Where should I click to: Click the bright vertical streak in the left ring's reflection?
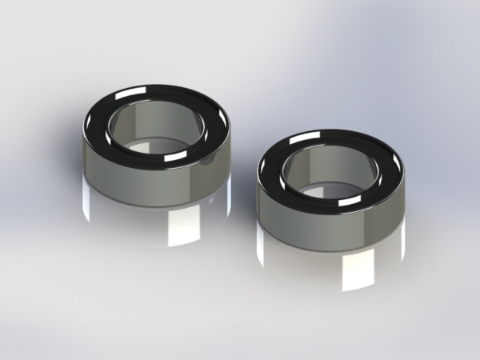pyautogui.click(x=178, y=228)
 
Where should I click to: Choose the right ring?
pyautogui.click(x=331, y=212)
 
